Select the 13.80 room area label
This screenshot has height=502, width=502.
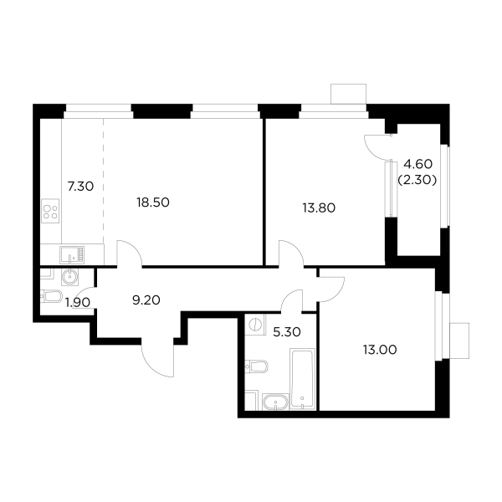coord(318,207)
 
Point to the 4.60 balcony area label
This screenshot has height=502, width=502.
coord(417,164)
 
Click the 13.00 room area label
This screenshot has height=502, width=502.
coord(379,350)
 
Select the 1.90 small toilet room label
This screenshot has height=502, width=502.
coord(78,302)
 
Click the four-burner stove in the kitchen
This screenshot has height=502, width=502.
coord(49,209)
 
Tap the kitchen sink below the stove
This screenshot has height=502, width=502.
coord(70,254)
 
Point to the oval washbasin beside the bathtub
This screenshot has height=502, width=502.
coord(274,403)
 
